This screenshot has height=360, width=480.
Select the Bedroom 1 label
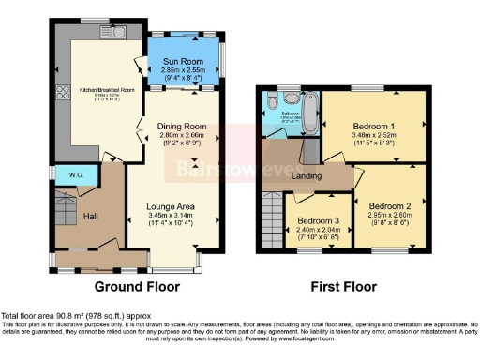coord(373,124)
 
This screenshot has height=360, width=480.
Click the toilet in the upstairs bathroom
coord(270,99)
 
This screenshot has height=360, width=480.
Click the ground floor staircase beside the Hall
coord(63,211)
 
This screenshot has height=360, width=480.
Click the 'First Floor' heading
coord(343,287)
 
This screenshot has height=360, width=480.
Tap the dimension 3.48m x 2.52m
coord(373,134)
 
